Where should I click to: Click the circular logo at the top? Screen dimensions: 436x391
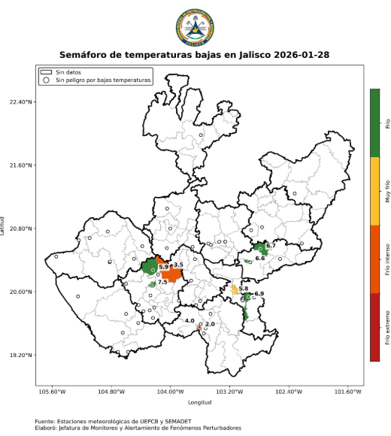click(x=194, y=27)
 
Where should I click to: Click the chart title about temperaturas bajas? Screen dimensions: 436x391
click(x=194, y=55)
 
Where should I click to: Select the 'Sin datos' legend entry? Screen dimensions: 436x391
click(x=63, y=71)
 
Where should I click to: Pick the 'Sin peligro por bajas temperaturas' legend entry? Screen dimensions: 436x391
click(x=96, y=79)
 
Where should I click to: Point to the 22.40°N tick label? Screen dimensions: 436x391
click(x=20, y=101)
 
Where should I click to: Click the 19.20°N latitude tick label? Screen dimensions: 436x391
click(x=20, y=355)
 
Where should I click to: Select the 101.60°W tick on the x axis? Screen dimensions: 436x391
click(x=348, y=391)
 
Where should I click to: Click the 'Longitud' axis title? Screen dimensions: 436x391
click(x=200, y=402)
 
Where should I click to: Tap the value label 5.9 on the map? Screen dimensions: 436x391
click(x=163, y=268)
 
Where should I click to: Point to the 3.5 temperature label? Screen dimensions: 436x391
click(x=178, y=265)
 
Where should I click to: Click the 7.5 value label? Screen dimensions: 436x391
click(x=162, y=282)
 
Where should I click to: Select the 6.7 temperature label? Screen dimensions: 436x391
click(x=271, y=246)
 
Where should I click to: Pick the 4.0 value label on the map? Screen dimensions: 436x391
click(x=189, y=321)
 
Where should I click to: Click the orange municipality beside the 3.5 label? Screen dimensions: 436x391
click(x=172, y=275)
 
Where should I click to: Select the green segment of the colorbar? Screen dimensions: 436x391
click(x=374, y=123)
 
